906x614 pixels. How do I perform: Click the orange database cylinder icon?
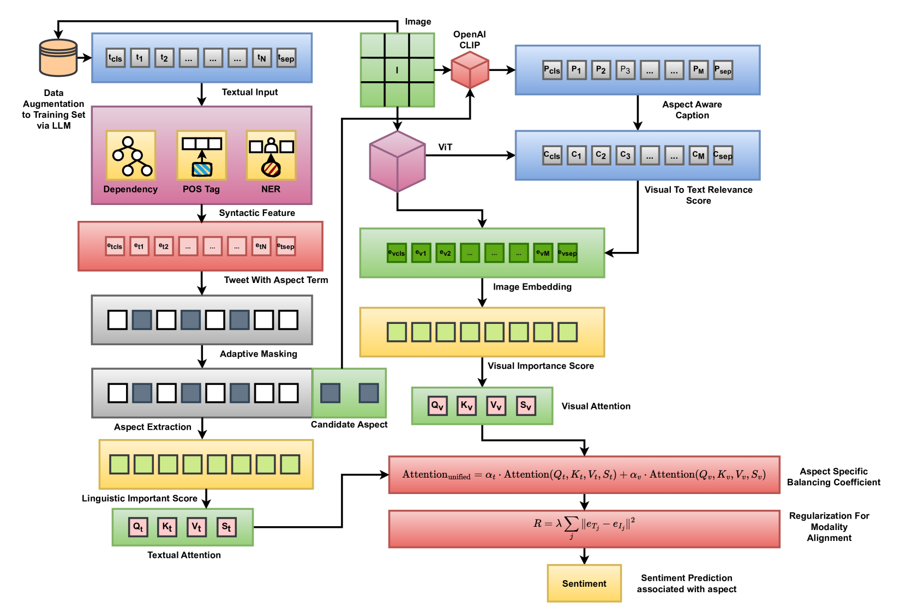point(58,58)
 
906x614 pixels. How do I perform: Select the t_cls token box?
point(115,58)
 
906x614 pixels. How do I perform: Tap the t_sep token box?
point(286,58)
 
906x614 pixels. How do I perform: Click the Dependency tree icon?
point(131,155)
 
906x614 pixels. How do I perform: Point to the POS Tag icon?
point(201,155)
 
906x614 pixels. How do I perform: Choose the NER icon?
point(271,155)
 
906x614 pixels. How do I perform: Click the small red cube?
point(470,70)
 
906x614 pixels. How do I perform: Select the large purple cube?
point(397,161)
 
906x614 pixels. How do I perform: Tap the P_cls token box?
point(552,70)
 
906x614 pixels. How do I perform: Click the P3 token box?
point(625,70)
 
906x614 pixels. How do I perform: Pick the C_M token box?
point(699,155)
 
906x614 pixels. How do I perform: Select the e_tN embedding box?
point(261,246)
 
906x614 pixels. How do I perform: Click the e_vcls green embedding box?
point(397,253)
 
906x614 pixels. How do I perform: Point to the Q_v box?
point(437,405)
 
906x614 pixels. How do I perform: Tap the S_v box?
point(526,405)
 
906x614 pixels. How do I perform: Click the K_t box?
point(167,527)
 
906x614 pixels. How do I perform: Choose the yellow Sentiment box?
point(584,583)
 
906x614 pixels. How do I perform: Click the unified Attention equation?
point(584,474)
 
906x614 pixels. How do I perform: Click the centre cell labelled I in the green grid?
point(397,70)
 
